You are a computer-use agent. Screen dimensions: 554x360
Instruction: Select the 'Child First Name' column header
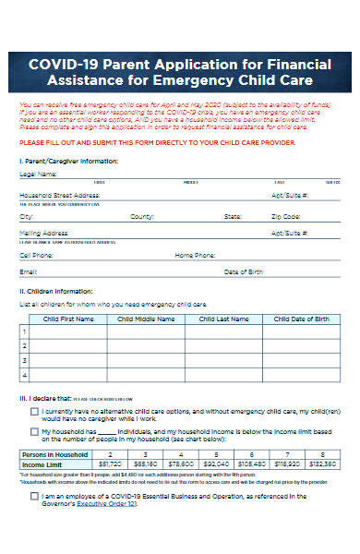pos(68,319)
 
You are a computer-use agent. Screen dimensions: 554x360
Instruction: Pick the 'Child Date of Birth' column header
pos(301,319)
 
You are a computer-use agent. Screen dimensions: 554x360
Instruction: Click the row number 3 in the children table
pos(24,360)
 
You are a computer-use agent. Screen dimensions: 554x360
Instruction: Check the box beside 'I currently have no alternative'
pos(34,412)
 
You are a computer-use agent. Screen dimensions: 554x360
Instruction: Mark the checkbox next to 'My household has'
pos(34,431)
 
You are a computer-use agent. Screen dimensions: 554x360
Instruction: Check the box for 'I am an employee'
pos(34,497)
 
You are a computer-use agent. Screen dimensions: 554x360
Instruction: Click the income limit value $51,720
pos(110,464)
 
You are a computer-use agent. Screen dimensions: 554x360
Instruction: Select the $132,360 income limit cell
pos(321,464)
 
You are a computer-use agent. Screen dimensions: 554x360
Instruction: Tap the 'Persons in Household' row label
pos(54,454)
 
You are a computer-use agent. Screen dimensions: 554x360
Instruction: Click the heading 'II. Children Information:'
pos(61,292)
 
